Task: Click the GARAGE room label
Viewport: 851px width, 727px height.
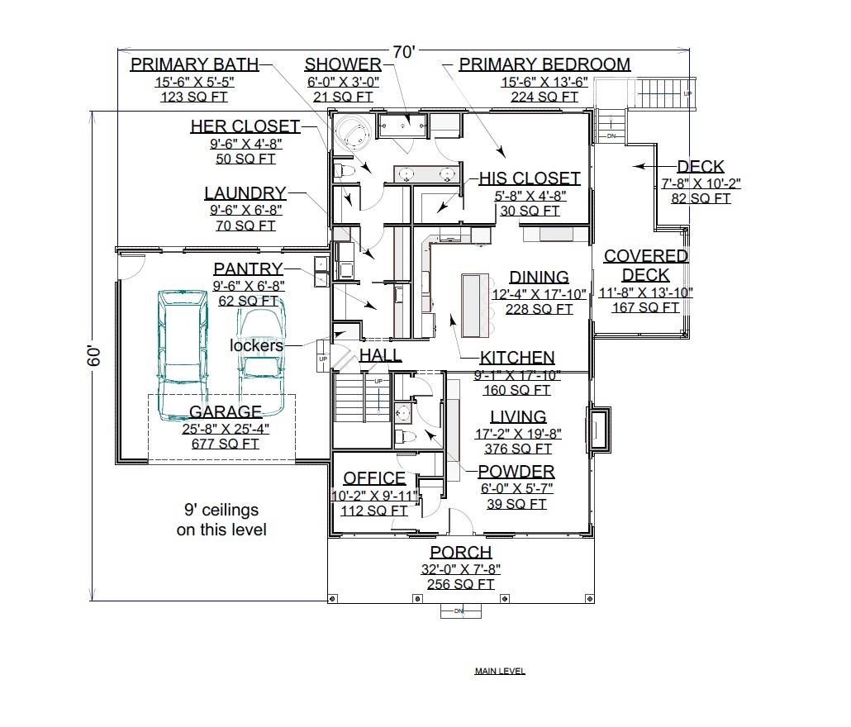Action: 225,411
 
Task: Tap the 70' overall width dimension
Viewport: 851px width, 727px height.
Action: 403,52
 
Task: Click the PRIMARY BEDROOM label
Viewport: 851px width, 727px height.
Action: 544,64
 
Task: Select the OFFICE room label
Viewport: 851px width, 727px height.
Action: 374,478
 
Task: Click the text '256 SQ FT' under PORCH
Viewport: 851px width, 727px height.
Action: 460,584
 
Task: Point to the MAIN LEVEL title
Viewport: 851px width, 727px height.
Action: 499,671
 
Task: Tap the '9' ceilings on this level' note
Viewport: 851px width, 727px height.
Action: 221,520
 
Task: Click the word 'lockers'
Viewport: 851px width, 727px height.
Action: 256,345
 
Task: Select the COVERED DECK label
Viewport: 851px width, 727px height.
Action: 645,265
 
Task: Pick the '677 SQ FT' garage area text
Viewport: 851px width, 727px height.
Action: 225,444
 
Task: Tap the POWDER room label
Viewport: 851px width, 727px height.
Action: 516,472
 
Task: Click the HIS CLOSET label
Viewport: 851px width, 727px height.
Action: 530,178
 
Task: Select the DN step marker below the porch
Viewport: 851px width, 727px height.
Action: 459,611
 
